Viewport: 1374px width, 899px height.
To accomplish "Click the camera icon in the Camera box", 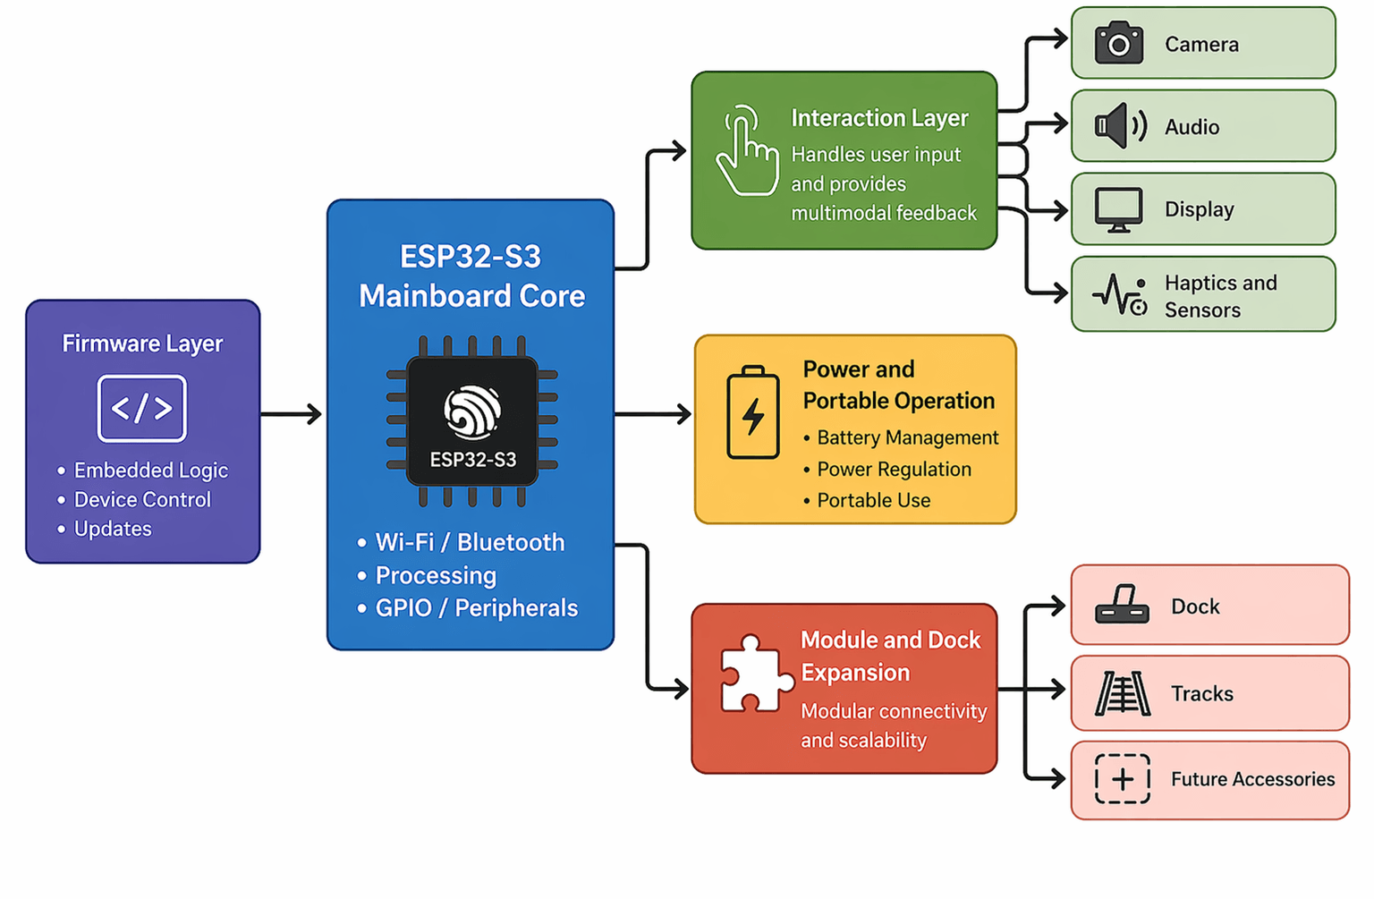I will pyautogui.click(x=1118, y=44).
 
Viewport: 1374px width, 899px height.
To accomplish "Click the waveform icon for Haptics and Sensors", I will pyautogui.click(x=1119, y=294).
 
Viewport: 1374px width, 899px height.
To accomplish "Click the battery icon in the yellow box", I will pyautogui.click(x=753, y=412).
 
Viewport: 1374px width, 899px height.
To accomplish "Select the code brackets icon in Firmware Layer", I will pyautogui.click(x=142, y=409).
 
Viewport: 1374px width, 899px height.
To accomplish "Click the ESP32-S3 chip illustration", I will pyautogui.click(x=472, y=421).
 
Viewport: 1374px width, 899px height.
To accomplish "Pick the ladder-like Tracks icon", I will pyautogui.click(x=1122, y=693).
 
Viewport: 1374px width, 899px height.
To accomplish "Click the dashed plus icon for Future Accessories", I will pyautogui.click(x=1122, y=778).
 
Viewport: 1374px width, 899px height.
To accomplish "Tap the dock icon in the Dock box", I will pyautogui.click(x=1122, y=606).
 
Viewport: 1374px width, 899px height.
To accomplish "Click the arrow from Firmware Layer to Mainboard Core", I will pyautogui.click(x=292, y=414).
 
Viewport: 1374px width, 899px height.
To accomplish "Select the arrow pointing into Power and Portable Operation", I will pyautogui.click(x=654, y=414).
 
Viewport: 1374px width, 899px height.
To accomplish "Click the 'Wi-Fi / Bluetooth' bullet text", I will pyautogui.click(x=470, y=542).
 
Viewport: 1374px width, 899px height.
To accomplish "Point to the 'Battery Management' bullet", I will pyautogui.click(x=907, y=437).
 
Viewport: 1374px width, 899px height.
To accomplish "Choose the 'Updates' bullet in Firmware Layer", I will pyautogui.click(x=113, y=529).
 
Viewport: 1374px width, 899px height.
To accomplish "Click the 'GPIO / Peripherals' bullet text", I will pyautogui.click(x=476, y=608).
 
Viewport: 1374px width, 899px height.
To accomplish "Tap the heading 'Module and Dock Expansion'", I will pyautogui.click(x=890, y=656).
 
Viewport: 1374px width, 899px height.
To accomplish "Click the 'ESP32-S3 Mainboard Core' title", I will pyautogui.click(x=471, y=276).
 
